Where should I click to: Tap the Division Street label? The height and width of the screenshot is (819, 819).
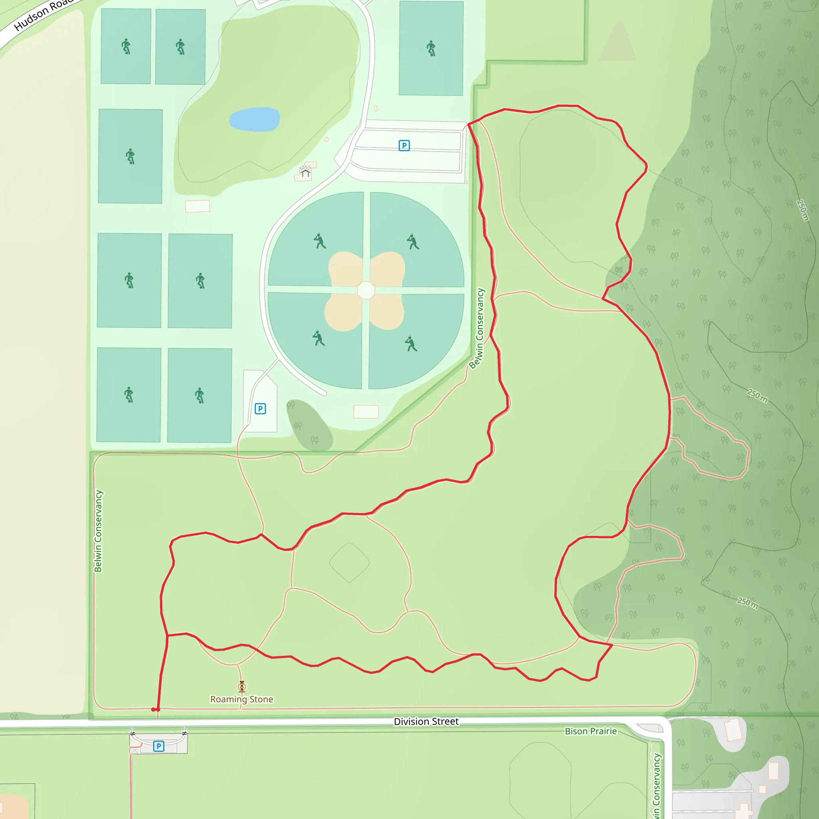coord(426,721)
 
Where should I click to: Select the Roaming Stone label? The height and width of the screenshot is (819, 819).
coord(242,699)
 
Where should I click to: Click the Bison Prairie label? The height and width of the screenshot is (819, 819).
coord(591,731)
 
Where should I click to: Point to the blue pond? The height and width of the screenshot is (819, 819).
coord(254,119)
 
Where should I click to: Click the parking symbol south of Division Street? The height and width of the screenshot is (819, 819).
coord(158,746)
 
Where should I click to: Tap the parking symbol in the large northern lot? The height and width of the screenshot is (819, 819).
coord(404,146)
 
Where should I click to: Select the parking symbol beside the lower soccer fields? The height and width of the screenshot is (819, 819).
coord(260,409)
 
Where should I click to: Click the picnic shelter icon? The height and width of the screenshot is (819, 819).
coord(305,172)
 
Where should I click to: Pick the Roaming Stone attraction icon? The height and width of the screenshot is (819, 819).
coord(242,686)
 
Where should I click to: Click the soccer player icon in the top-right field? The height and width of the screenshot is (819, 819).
coord(431,48)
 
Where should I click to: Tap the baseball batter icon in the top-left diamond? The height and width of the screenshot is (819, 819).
coord(320,241)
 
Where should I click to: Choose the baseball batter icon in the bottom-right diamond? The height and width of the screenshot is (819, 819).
coord(411,344)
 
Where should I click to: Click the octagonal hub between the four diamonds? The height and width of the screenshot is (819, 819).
coord(366,290)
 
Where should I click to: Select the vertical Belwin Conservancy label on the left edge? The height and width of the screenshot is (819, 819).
coord(98,531)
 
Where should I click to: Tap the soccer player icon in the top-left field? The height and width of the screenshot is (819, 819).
coord(126,46)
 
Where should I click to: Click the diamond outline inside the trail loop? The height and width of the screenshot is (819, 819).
coord(349,563)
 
